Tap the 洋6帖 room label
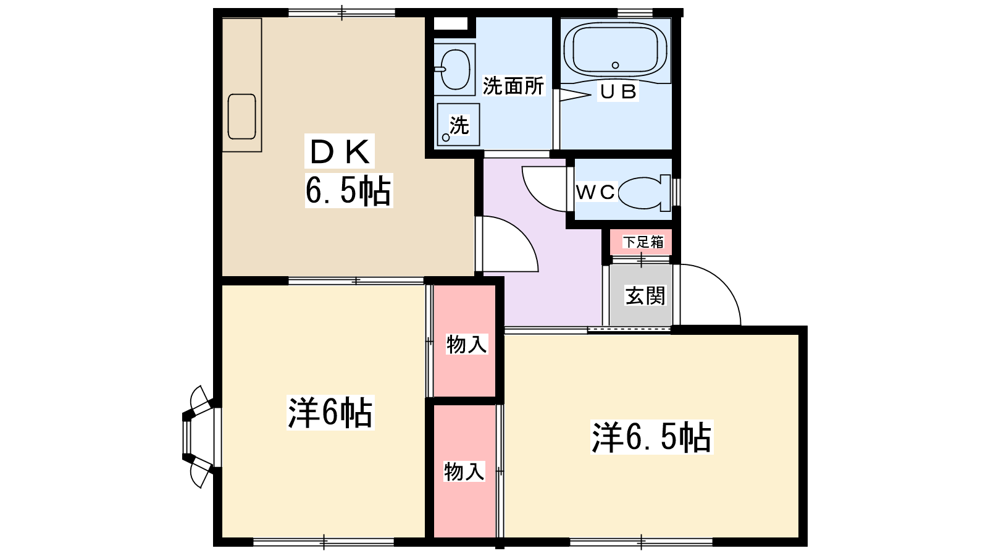(330, 413)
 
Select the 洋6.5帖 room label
(651, 437)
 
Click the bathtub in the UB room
(615, 49)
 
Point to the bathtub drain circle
(615, 65)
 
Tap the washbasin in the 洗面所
(454, 69)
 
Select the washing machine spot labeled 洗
(458, 125)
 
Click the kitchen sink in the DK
(241, 117)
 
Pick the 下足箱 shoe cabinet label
(643, 242)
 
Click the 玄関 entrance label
(645, 295)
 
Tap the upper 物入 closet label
(467, 344)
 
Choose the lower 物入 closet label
(464, 471)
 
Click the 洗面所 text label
(513, 86)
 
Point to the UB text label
(618, 92)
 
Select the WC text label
(595, 192)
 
